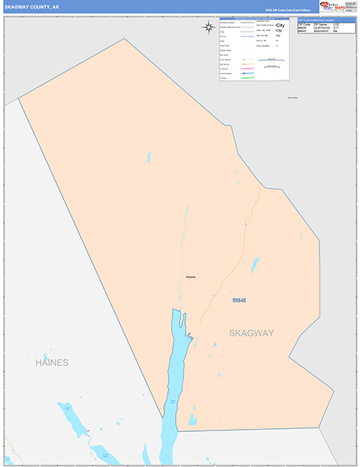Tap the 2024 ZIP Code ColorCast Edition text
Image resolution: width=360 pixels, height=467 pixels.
click(x=285, y=9)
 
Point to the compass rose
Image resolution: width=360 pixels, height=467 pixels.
click(x=208, y=27)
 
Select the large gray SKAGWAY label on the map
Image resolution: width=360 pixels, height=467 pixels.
click(x=251, y=333)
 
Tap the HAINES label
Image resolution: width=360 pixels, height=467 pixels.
click(x=52, y=363)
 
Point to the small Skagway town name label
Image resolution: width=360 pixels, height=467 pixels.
click(x=190, y=277)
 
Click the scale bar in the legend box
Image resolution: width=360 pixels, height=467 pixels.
click(x=271, y=67)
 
